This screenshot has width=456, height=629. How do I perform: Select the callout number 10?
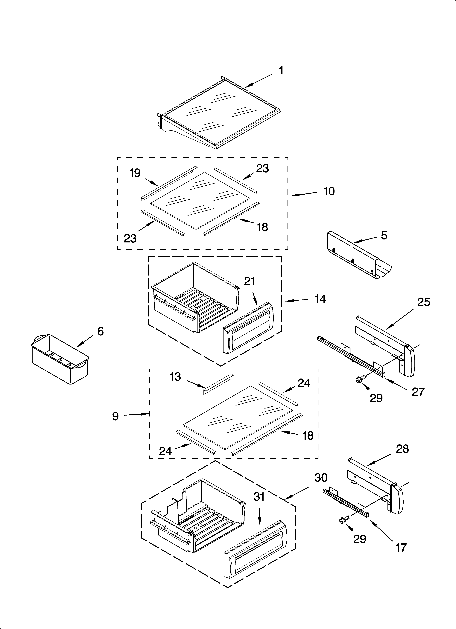(329, 191)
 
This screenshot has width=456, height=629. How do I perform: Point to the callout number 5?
(384, 236)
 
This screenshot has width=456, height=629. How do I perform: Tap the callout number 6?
(100, 331)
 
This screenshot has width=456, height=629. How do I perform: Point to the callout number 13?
(176, 377)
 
